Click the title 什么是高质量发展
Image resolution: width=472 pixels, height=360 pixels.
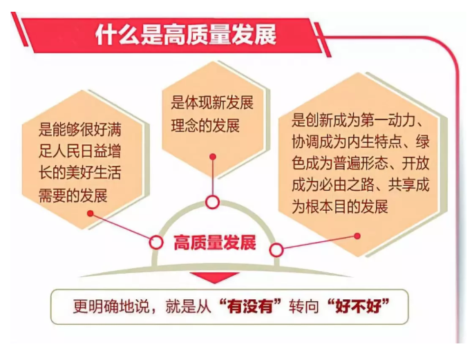click(x=186, y=35)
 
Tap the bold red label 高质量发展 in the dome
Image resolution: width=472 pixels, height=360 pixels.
click(x=215, y=243)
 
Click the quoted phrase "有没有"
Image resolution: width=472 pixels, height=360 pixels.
click(x=250, y=306)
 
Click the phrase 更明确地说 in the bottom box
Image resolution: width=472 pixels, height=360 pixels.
click(x=111, y=307)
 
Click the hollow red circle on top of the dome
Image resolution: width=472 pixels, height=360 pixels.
click(x=213, y=202)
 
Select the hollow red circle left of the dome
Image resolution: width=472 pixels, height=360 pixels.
click(x=156, y=243)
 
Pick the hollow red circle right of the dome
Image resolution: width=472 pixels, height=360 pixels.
click(x=276, y=250)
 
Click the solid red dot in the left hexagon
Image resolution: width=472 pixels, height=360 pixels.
click(x=91, y=214)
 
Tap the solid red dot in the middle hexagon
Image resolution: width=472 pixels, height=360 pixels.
click(x=213, y=157)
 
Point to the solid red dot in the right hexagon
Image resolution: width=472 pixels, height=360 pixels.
click(x=357, y=236)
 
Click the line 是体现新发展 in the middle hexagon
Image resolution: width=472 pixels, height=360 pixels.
click(x=212, y=103)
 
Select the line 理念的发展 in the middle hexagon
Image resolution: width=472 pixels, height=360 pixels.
click(x=205, y=125)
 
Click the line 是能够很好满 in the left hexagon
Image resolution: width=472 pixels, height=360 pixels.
click(x=79, y=129)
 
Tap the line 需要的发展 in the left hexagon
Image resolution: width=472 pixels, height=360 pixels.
click(x=73, y=196)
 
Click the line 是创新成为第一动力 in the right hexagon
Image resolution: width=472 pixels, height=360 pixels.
click(x=353, y=120)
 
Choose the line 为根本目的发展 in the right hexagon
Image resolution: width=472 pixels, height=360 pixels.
click(x=340, y=207)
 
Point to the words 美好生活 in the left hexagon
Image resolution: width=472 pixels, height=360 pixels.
click(x=93, y=173)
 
